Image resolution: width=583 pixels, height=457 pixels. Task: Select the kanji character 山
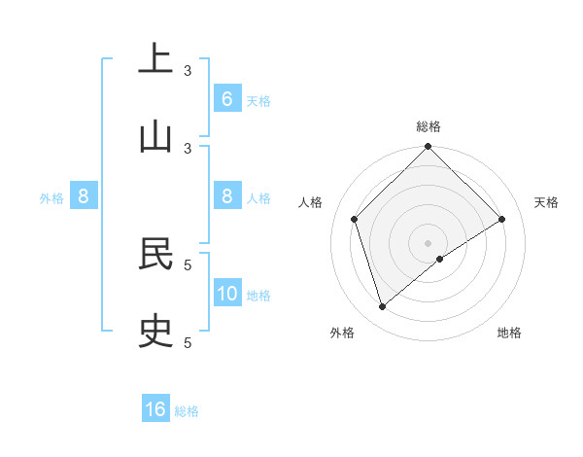tap(155, 135)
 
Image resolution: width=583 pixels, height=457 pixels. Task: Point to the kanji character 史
tap(155, 330)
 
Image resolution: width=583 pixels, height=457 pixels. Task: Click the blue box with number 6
tap(226, 99)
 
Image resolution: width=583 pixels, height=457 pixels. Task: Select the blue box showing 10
tap(226, 294)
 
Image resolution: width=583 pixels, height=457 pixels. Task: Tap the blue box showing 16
tap(155, 409)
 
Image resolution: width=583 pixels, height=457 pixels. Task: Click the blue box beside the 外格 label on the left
tap(84, 196)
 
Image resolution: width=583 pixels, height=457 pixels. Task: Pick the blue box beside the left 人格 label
tap(226, 196)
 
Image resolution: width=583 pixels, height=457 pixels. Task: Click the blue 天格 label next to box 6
tap(258, 101)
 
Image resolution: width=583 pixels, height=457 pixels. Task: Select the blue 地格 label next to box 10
tap(258, 296)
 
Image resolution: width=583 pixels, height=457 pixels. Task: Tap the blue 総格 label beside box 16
tap(187, 411)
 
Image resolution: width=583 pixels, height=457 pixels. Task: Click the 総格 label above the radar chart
tap(429, 126)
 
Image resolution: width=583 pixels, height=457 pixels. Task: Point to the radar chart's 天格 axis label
tap(547, 202)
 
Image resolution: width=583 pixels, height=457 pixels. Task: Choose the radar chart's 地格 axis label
tap(509, 333)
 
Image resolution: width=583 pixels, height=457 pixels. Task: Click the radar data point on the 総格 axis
tap(429, 148)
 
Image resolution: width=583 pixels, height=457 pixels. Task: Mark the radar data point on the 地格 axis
tap(440, 259)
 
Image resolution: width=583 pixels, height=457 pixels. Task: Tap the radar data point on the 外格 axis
tap(382, 307)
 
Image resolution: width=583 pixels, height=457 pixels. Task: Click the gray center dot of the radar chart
tap(429, 242)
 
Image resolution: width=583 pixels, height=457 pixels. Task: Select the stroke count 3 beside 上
tap(188, 70)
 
